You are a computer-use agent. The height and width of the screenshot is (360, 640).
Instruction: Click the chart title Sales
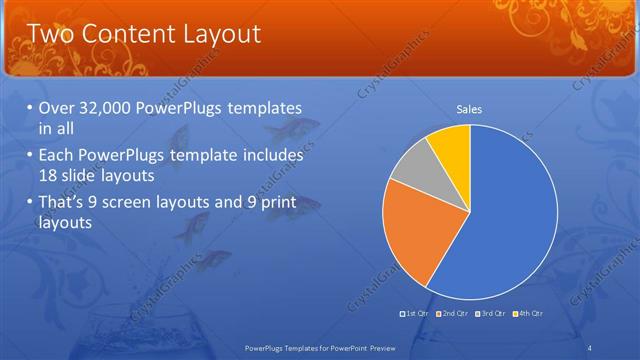470,109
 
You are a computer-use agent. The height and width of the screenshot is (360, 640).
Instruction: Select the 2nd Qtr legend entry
453,315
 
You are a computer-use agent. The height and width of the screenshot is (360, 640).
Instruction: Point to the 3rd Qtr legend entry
490,315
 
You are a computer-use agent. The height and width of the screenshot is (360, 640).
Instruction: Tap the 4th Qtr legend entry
527,315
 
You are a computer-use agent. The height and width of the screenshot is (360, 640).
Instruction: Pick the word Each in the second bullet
56,156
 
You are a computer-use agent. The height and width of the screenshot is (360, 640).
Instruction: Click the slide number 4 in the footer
590,347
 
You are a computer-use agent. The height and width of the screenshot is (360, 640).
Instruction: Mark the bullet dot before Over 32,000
29,108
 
